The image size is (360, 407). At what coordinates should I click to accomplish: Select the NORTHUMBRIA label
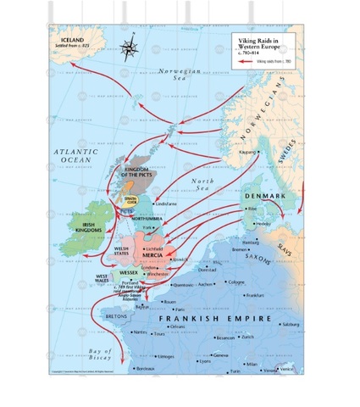[x=150, y=219]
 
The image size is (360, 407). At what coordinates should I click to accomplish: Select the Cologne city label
[x=236, y=282]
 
